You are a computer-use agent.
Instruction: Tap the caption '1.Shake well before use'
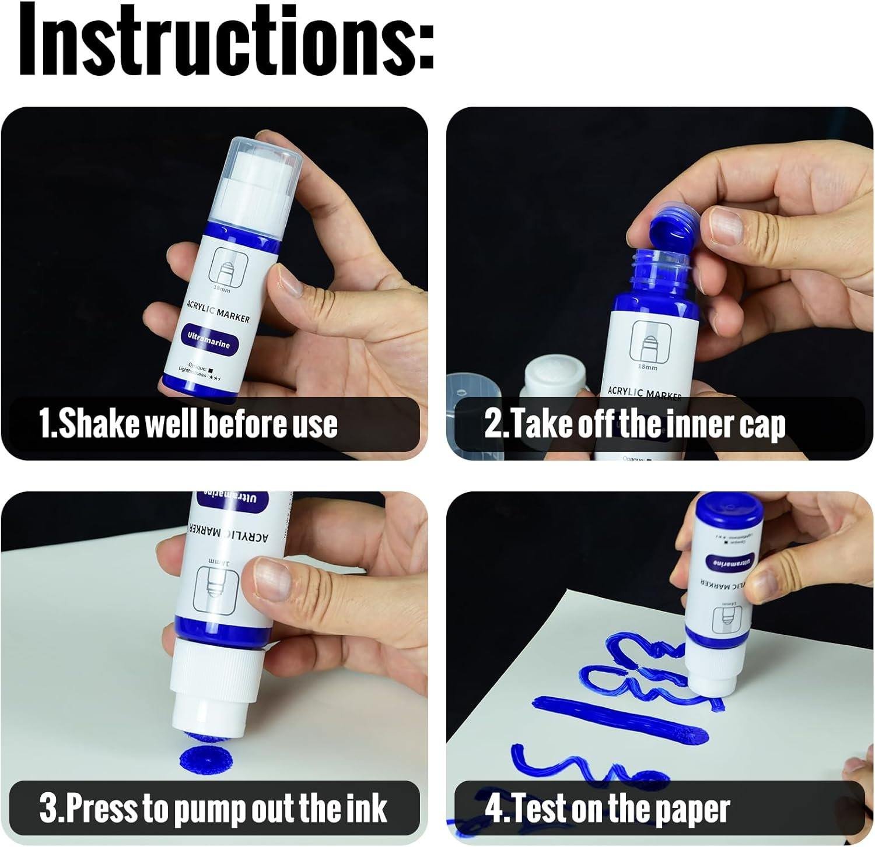[x=188, y=424]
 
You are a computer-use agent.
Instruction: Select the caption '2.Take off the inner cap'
[x=635, y=425]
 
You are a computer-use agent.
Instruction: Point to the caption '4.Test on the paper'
[x=607, y=809]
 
